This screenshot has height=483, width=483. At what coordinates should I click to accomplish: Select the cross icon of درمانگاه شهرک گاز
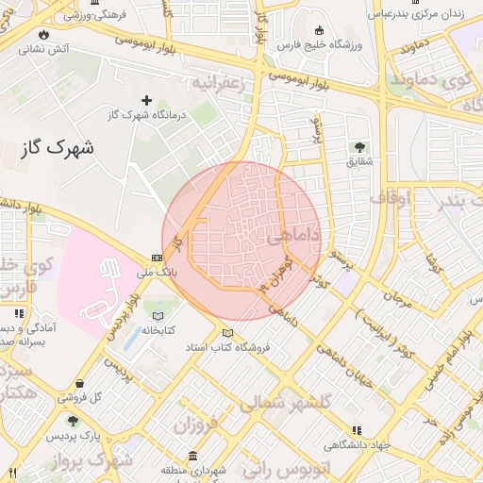tap(146, 100)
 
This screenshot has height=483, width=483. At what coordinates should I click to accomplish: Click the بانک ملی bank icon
tap(156, 258)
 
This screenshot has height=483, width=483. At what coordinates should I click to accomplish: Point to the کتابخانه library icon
tap(158, 316)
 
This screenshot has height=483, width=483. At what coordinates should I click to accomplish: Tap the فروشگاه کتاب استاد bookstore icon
tap(226, 333)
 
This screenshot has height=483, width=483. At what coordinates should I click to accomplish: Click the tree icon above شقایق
tap(359, 147)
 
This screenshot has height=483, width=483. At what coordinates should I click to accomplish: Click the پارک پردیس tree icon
tap(74, 422)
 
